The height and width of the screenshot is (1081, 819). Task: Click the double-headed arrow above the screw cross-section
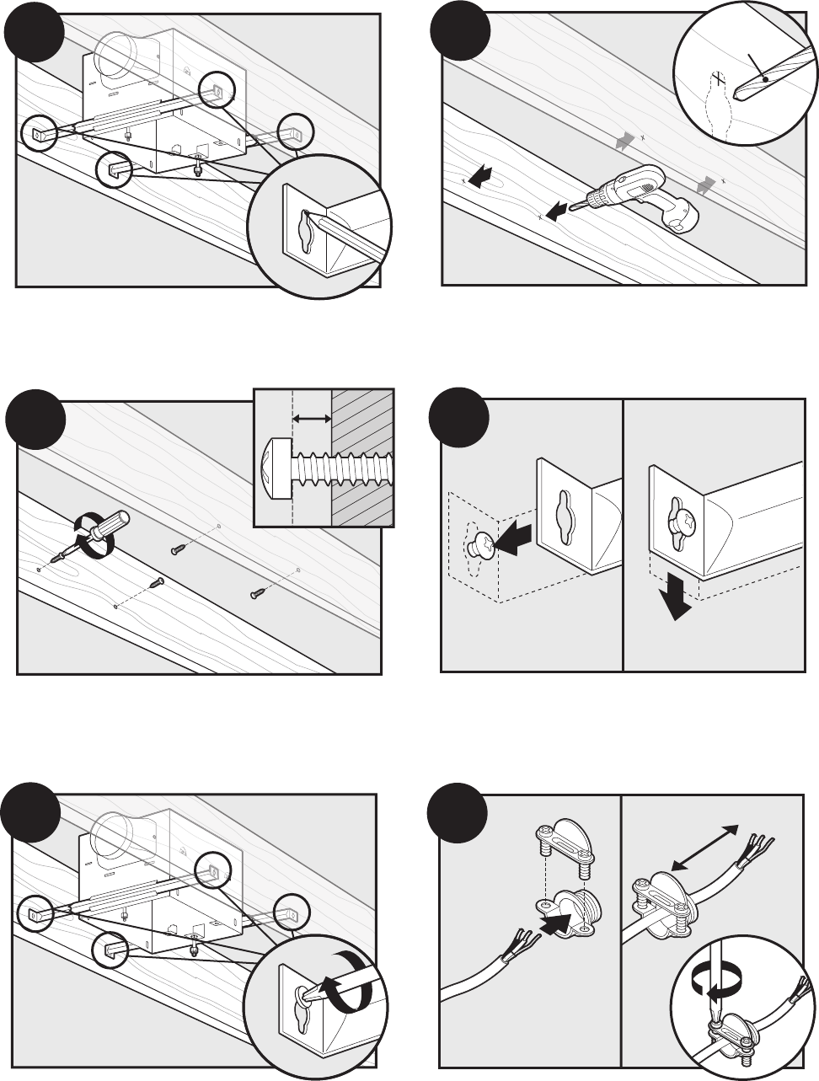click(x=311, y=417)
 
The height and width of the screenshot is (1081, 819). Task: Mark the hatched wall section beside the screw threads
click(x=363, y=458)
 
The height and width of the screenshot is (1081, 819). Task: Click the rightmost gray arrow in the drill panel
click(x=708, y=183)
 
